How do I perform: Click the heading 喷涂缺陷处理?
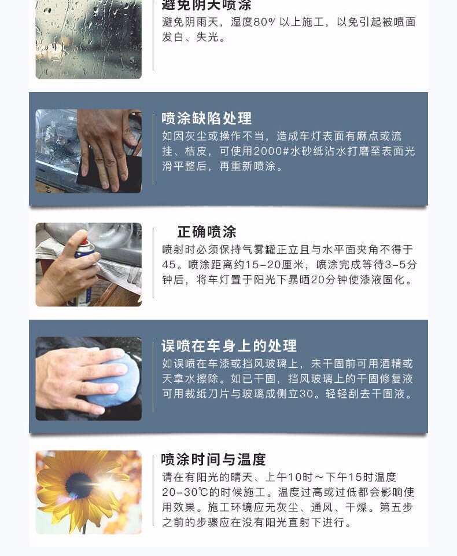tap(207, 119)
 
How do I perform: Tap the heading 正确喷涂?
tap(207, 232)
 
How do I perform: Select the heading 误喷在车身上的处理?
tap(228, 346)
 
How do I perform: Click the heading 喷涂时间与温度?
tap(213, 460)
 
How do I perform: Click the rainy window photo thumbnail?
tap(89, 39)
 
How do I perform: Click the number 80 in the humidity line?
tap(259, 23)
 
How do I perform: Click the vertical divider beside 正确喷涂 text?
tap(153, 264)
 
